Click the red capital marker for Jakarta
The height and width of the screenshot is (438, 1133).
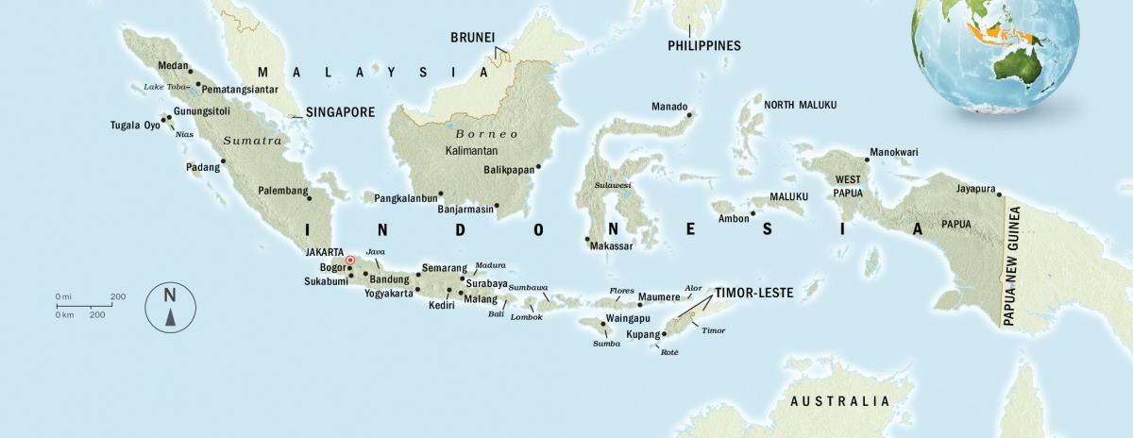349,260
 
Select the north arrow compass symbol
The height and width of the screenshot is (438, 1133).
170,308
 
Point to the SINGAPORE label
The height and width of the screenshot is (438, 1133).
340,111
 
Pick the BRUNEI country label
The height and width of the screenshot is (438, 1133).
471,38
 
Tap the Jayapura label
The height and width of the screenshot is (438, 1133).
975,189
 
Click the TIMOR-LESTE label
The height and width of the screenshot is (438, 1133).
753,293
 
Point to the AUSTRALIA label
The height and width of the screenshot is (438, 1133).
839,401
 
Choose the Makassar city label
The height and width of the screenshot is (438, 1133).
611,246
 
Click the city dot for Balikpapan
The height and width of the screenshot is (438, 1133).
537,168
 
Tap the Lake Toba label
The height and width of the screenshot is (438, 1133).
164,87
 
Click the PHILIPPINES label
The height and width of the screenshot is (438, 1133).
703,45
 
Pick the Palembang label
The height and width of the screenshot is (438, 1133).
283,191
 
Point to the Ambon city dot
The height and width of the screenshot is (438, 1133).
753,213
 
